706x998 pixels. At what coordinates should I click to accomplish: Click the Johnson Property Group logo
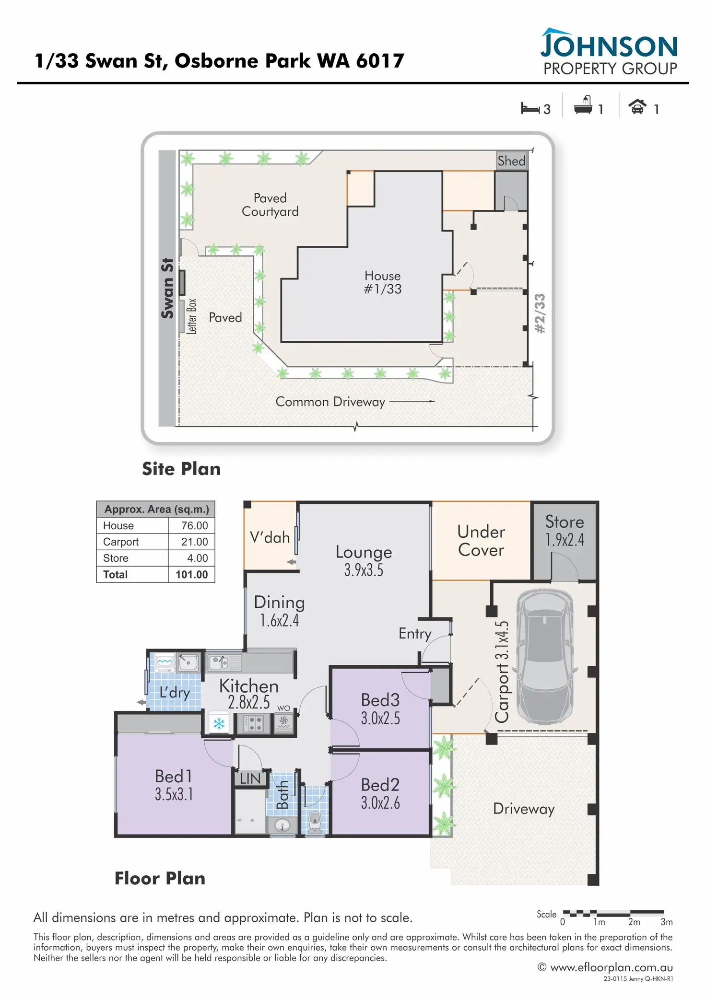(610, 52)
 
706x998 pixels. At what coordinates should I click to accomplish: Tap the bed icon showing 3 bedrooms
(530, 108)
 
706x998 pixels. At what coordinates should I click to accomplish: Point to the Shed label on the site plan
(511, 161)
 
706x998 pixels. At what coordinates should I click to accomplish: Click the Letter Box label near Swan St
(191, 316)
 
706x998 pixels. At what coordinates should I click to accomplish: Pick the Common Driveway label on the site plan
(330, 402)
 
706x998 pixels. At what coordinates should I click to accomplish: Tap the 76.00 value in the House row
(194, 525)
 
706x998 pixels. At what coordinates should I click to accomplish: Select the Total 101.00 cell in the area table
(191, 574)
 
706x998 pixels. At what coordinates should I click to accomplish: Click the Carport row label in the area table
(121, 542)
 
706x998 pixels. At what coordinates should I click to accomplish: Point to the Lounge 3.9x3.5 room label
(364, 560)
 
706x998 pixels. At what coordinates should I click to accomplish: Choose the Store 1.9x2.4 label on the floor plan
(565, 531)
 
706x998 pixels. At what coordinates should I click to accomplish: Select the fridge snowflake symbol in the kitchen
(219, 723)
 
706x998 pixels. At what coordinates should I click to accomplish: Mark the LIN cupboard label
(250, 779)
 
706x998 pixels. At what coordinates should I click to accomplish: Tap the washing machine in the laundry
(165, 662)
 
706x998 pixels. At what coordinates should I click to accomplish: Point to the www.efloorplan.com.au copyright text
(605, 967)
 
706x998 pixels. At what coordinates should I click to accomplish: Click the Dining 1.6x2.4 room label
(279, 611)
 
